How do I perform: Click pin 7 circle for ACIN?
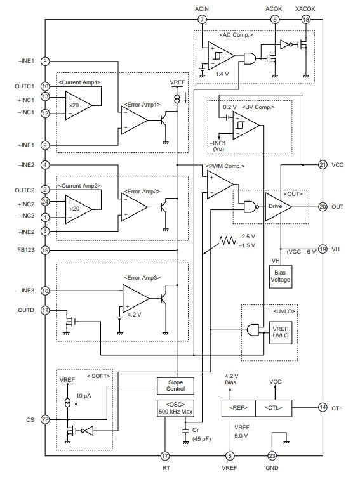point(202,20)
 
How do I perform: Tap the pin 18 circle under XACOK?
point(305,20)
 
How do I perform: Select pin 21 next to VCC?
point(323,165)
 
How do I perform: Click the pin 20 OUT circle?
point(323,207)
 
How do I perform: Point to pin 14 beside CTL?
point(323,407)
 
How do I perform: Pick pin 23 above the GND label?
point(272,455)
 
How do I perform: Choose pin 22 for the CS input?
point(45,419)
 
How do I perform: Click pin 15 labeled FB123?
point(45,251)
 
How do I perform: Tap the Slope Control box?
point(175,386)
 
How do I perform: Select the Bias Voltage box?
point(280,277)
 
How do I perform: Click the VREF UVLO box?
point(280,332)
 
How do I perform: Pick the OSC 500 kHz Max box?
point(175,408)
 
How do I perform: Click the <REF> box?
point(238,408)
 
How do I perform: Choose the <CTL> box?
point(274,408)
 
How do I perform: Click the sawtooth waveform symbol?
point(228,241)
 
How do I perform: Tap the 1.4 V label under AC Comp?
point(222,74)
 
